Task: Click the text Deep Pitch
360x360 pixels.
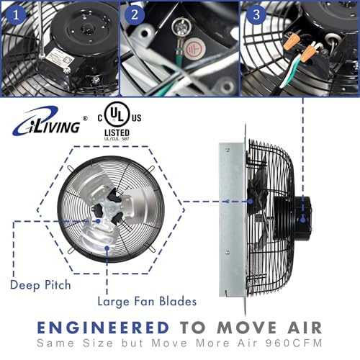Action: [x=40, y=284]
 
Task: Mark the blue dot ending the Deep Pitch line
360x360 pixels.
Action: [x=106, y=248]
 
